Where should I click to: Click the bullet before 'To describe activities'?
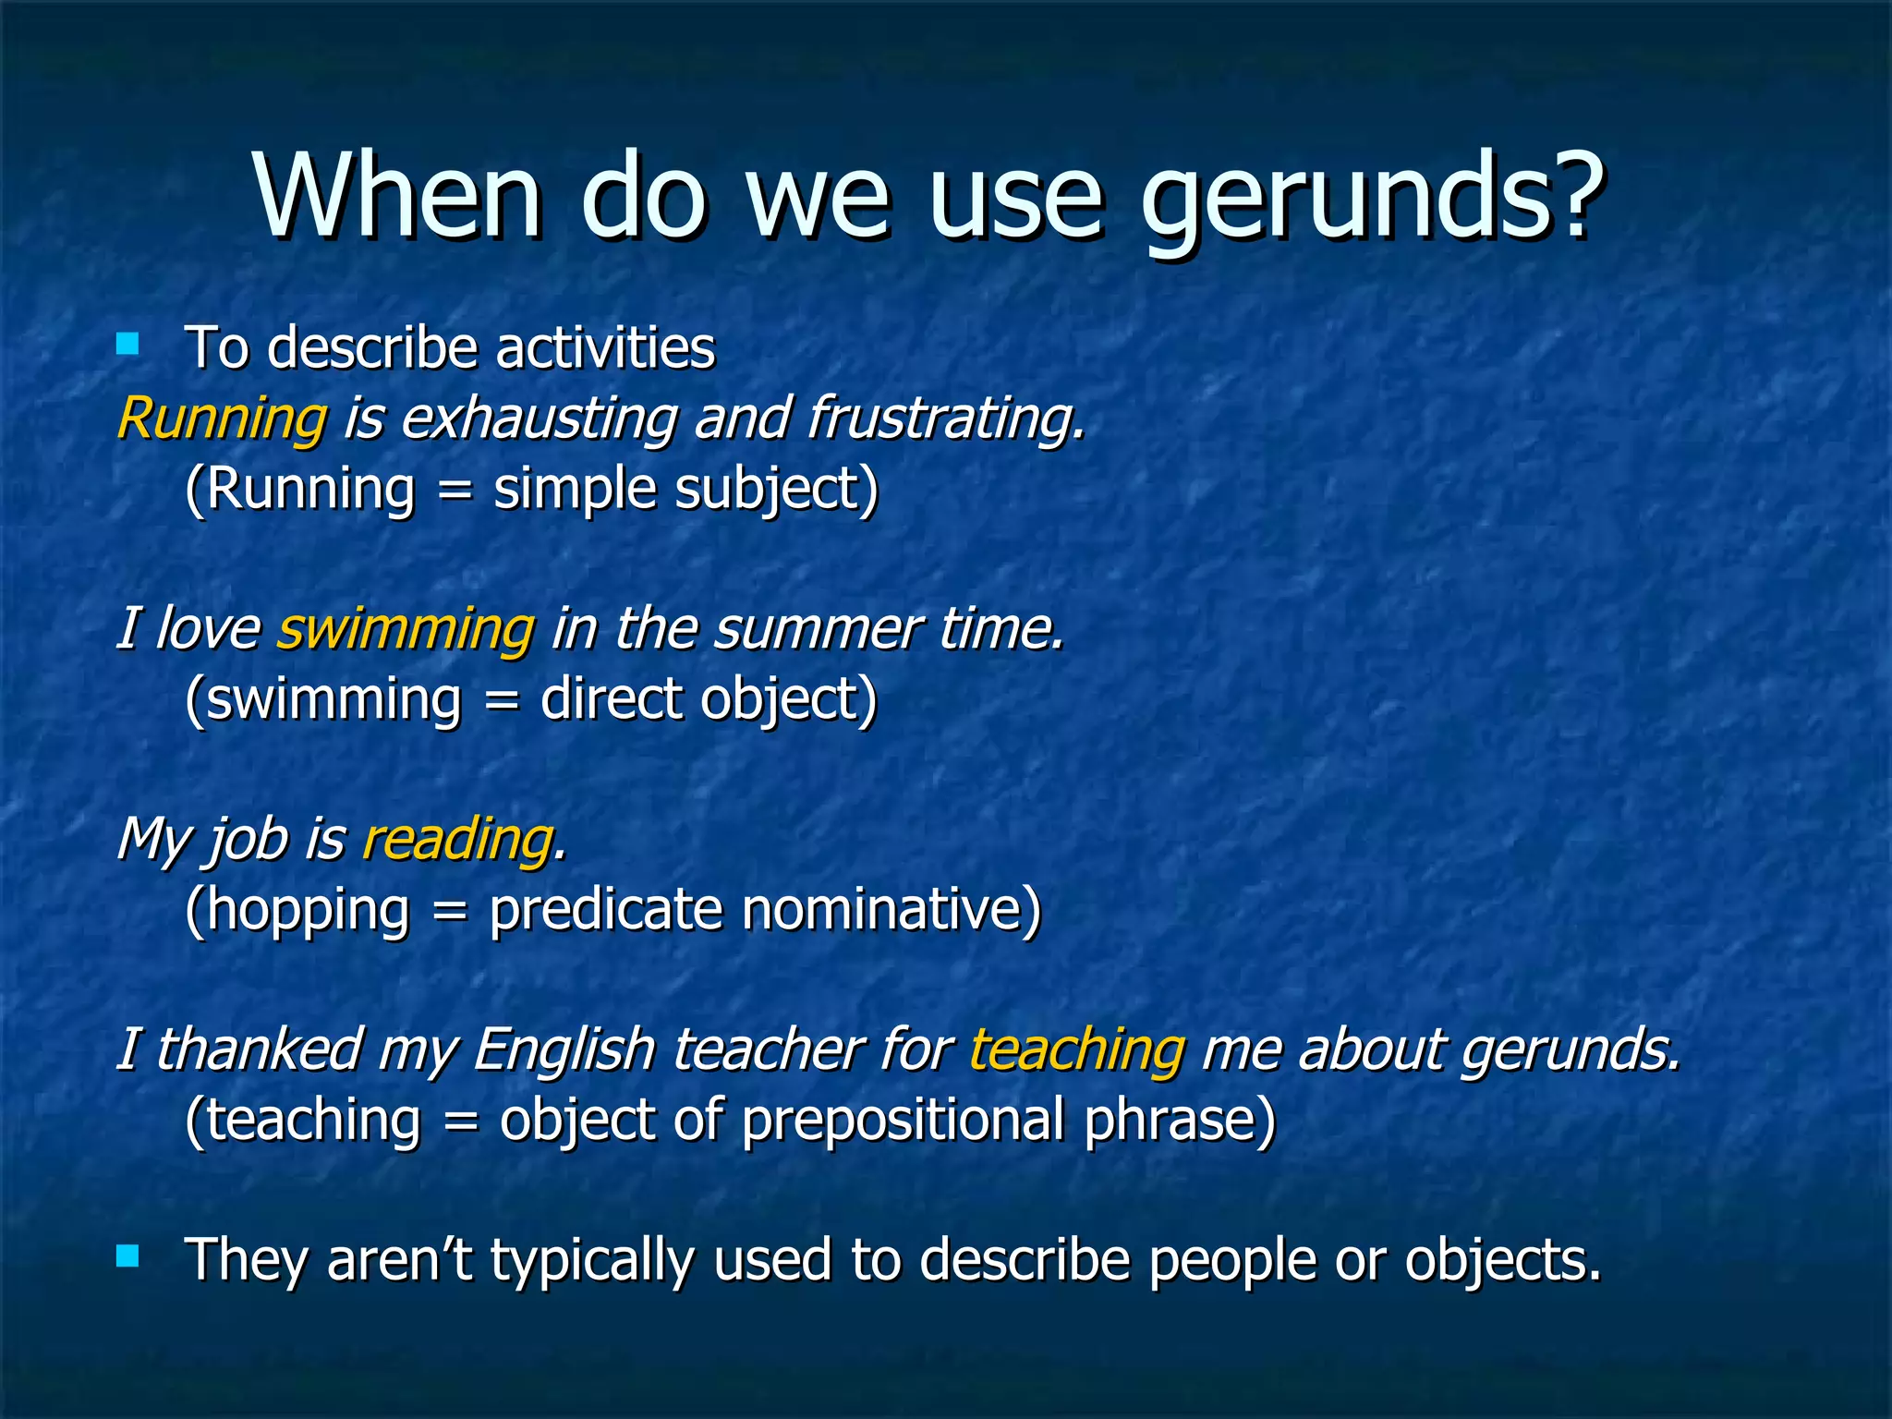click(127, 346)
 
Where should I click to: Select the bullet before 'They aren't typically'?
click(127, 1255)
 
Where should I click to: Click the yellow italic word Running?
click(222, 418)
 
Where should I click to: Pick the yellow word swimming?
click(406, 629)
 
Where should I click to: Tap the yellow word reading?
click(457, 840)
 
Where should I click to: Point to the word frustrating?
click(944, 418)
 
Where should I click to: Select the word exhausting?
click(539, 418)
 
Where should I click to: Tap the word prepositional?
click(904, 1121)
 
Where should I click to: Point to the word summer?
click(817, 629)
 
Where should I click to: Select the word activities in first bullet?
click(605, 348)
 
